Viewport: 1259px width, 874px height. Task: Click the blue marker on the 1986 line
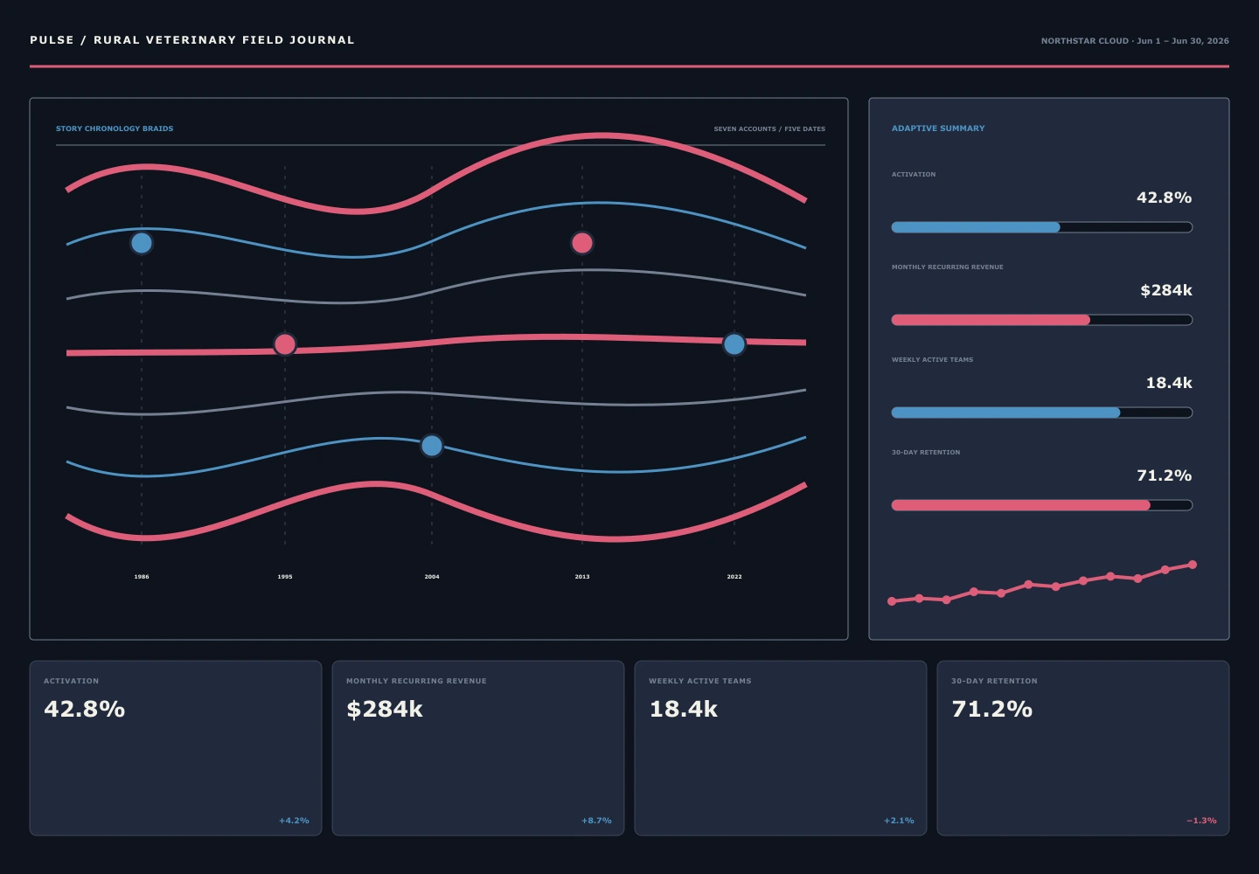(x=142, y=243)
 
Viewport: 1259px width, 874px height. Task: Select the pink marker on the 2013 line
(x=582, y=243)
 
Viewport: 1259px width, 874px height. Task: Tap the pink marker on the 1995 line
(x=285, y=344)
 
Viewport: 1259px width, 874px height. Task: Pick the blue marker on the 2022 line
(x=734, y=344)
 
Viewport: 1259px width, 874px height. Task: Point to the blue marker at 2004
(x=432, y=446)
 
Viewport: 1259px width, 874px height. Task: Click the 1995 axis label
(x=285, y=577)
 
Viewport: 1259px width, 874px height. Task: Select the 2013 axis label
(x=582, y=577)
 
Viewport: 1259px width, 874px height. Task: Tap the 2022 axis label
(x=734, y=577)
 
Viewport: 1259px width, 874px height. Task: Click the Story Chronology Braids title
(x=115, y=128)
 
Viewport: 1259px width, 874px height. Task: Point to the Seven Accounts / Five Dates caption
(x=769, y=129)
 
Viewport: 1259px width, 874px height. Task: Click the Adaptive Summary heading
(x=938, y=128)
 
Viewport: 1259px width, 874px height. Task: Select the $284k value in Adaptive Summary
(x=1166, y=290)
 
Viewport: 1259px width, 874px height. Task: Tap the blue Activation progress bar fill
(x=976, y=227)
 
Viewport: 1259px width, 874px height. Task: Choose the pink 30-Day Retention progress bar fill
(x=1020, y=505)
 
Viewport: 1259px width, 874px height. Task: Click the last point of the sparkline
(x=1193, y=565)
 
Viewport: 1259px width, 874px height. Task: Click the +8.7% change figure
(x=596, y=821)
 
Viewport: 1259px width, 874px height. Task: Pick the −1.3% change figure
(x=1201, y=821)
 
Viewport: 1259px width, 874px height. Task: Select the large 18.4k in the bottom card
(x=684, y=710)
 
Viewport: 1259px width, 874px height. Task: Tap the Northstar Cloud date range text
(x=1135, y=41)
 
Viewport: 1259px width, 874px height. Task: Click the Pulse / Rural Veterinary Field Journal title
(x=192, y=40)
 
